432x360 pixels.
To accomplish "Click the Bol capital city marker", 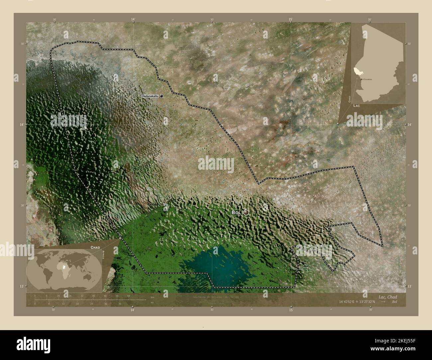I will (x=246, y=212).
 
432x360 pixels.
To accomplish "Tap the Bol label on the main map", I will (x=237, y=212).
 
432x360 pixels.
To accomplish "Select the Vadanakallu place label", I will (x=150, y=96).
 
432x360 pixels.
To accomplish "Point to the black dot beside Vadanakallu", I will (x=162, y=96).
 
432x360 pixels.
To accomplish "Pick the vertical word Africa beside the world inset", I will (x=103, y=257).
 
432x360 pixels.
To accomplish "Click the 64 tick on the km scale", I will (x=128, y=296).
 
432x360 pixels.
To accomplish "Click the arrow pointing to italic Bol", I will (x=383, y=302).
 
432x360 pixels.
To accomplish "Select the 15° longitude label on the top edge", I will (x=291, y=20).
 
